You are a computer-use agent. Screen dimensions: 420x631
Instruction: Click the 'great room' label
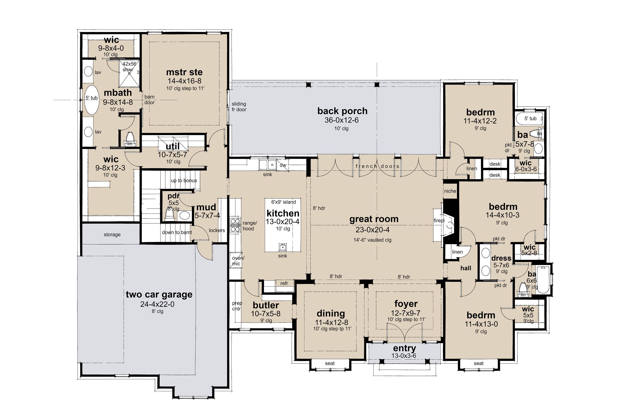pyautogui.click(x=374, y=219)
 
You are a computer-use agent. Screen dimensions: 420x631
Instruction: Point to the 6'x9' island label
pyautogui.click(x=283, y=202)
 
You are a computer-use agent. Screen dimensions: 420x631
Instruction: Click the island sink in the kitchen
pyautogui.click(x=282, y=246)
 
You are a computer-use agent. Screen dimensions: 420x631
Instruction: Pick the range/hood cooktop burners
pyautogui.click(x=235, y=225)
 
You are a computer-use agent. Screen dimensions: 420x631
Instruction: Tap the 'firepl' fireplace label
pyautogui.click(x=439, y=220)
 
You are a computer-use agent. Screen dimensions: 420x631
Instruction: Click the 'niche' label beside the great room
pyautogui.click(x=450, y=191)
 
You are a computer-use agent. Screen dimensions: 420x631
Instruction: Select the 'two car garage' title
pyautogui.click(x=159, y=294)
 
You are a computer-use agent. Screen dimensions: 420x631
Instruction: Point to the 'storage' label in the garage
pyautogui.click(x=112, y=234)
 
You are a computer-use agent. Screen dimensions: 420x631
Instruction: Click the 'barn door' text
pyautogui.click(x=149, y=100)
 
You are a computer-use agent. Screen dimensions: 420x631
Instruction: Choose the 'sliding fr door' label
pyautogui.click(x=239, y=107)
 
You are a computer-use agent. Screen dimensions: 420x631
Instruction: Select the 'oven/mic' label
pyautogui.click(x=238, y=261)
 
